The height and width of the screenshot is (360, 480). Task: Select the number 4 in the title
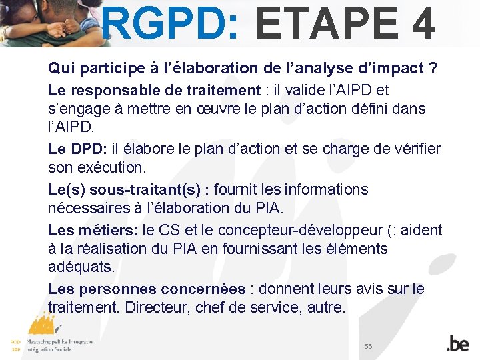point(423,23)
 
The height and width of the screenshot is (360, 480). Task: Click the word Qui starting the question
point(61,69)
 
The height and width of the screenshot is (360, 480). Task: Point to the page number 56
point(369,346)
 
